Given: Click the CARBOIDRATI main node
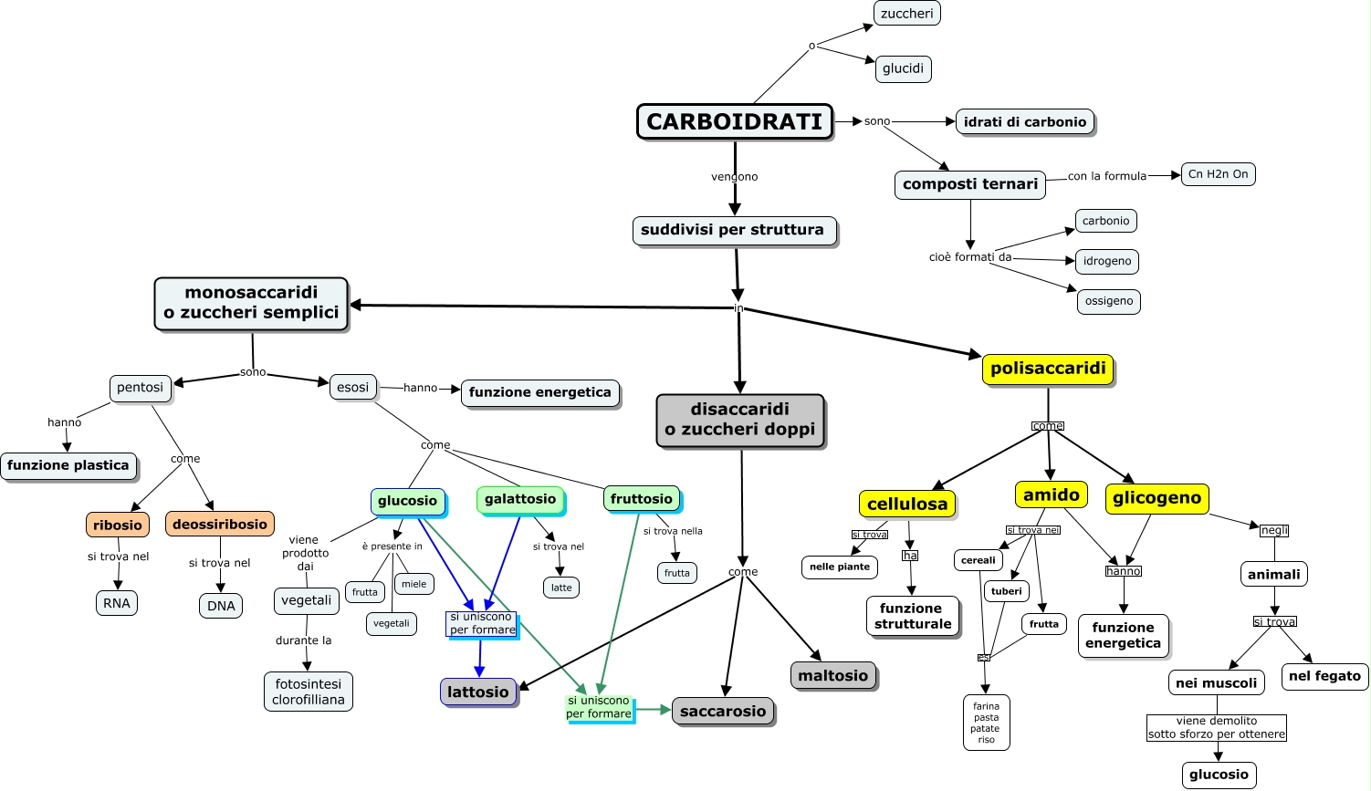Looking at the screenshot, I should pyautogui.click(x=735, y=121).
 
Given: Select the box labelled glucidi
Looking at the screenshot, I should pyautogui.click(x=903, y=68).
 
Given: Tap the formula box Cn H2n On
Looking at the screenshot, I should pyautogui.click(x=1218, y=174).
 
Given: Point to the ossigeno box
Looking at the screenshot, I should pyautogui.click(x=1108, y=301).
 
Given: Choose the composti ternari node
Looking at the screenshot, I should pyautogui.click(x=969, y=184).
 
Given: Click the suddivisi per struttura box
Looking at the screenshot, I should pyautogui.click(x=733, y=230).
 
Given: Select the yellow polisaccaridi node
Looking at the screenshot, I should pyautogui.click(x=1048, y=369).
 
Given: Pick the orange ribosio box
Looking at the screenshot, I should pyautogui.click(x=118, y=525).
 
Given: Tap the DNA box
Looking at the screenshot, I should pyautogui.click(x=221, y=606).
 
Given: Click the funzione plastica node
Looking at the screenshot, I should pyautogui.click(x=68, y=465).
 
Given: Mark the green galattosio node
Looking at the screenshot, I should pyautogui.click(x=520, y=499).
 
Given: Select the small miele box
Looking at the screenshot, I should pyautogui.click(x=413, y=584).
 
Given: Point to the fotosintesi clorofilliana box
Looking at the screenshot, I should pyautogui.click(x=309, y=692).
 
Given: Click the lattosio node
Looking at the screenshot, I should pyautogui.click(x=477, y=692).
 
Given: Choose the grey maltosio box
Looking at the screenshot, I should pyautogui.click(x=832, y=676).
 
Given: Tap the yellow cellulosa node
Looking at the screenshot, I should pyautogui.click(x=907, y=504).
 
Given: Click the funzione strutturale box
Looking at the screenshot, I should pyautogui.click(x=913, y=616).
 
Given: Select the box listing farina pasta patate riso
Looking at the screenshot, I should pyautogui.click(x=986, y=723).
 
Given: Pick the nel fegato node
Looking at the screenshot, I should pyautogui.click(x=1324, y=676).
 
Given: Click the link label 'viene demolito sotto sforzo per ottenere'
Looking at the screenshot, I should pyautogui.click(x=1217, y=727).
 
